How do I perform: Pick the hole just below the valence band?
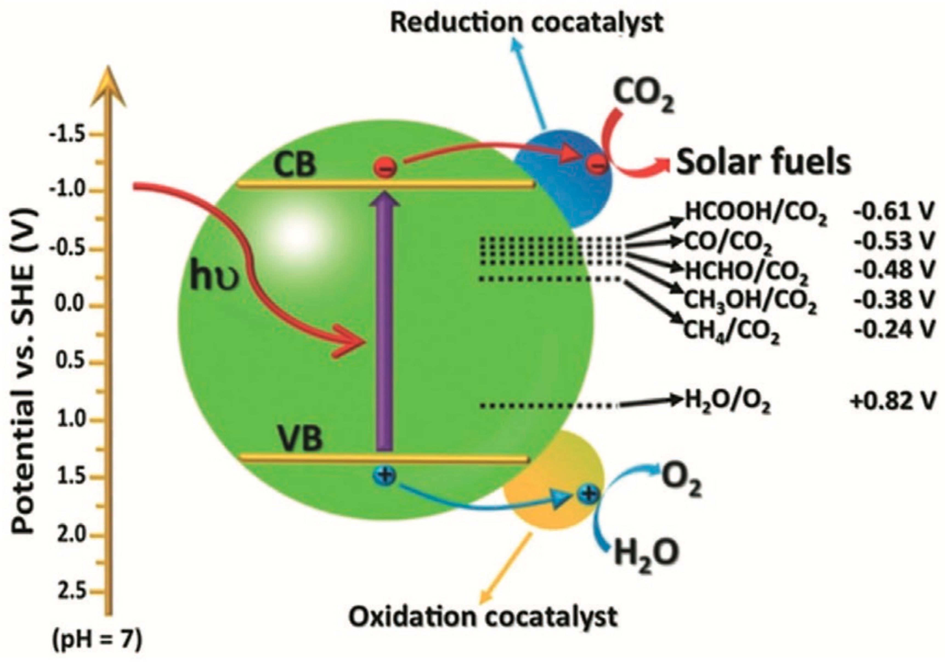pyautogui.click(x=385, y=476)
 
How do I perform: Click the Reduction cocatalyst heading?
pyautogui.click(x=527, y=23)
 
